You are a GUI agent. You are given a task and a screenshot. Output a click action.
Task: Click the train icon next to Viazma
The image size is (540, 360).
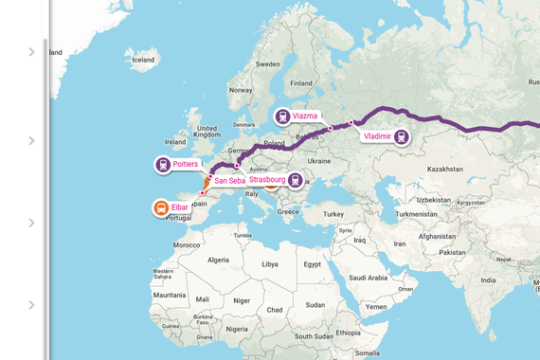(x=282, y=117)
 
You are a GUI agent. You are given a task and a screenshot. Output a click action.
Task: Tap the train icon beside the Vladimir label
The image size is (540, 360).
(x=402, y=137)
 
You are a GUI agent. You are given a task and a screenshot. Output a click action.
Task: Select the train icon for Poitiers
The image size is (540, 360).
(x=163, y=165)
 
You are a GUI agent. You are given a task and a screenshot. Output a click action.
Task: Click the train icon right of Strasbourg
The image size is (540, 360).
(x=296, y=180)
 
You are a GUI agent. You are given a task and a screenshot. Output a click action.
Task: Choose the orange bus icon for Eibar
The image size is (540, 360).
(x=161, y=208)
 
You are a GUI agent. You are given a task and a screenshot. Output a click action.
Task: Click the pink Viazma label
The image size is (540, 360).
(x=305, y=116)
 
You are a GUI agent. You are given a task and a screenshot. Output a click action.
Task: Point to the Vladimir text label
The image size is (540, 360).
(x=377, y=136)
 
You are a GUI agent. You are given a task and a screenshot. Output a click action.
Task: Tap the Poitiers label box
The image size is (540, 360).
(x=186, y=164)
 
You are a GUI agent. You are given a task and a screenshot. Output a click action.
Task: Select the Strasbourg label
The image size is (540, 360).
(x=266, y=179)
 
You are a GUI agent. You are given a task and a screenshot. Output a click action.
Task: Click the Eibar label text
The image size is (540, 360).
(x=180, y=207)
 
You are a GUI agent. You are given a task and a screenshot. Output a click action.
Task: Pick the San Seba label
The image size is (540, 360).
(x=230, y=180)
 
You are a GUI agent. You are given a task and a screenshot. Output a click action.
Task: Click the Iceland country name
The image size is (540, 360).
(x=143, y=60)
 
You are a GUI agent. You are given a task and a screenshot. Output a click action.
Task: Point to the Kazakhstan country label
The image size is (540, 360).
(x=445, y=169)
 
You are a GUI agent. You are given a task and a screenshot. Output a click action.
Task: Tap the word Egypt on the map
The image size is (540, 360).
(x=313, y=263)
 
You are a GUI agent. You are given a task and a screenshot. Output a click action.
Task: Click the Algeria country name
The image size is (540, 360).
(x=219, y=260)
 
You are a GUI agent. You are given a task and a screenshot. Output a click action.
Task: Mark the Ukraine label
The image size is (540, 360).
(x=319, y=161)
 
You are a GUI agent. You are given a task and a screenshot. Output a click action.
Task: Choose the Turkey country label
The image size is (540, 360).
(x=333, y=214)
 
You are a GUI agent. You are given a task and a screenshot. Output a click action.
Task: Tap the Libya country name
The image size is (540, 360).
(x=270, y=263)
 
